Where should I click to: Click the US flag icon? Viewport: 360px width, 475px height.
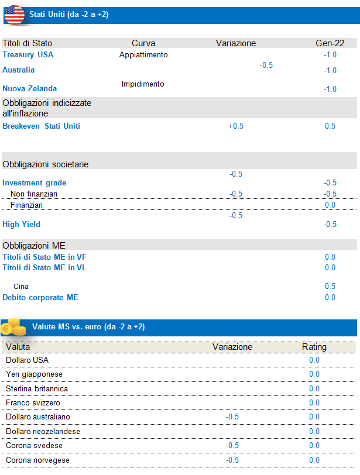point(14,15)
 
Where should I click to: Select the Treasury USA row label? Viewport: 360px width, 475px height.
point(28,55)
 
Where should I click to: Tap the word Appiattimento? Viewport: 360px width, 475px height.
point(143,55)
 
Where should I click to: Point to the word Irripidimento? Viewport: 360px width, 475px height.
point(143,84)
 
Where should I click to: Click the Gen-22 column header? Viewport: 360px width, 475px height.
point(330,43)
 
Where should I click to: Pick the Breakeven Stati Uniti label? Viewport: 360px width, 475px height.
point(41,126)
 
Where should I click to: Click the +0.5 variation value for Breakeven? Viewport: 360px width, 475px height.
point(236,126)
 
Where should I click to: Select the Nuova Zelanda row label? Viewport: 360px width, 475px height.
point(30,89)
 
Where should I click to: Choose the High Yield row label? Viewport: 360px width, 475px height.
point(21,224)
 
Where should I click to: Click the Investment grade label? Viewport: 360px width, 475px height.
point(34,183)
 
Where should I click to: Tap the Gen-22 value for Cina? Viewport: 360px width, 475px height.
point(330,287)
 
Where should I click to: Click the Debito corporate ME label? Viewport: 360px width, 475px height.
point(40,298)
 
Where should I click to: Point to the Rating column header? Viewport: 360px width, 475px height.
point(314,347)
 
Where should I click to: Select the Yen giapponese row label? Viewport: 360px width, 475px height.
point(34,374)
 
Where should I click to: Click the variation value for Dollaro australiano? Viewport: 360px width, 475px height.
point(232,417)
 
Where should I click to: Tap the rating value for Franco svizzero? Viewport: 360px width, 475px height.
point(314,403)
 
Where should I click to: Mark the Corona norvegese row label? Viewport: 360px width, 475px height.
point(37,460)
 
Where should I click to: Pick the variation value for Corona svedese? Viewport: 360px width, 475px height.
point(232,446)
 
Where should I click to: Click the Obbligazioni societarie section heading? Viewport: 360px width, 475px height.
point(45,164)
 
